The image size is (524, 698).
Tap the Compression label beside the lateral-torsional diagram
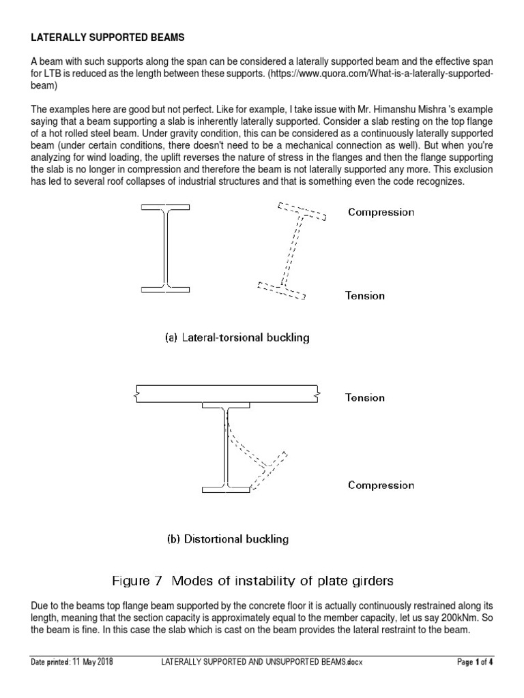[x=381, y=212]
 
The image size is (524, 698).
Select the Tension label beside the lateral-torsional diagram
[x=366, y=295]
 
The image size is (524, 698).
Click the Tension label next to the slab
[x=365, y=397]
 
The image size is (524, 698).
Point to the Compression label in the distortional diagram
[x=381, y=485]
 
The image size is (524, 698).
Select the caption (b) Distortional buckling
[x=228, y=539]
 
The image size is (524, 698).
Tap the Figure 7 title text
[x=252, y=581]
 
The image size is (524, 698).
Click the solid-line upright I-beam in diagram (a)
[x=166, y=248]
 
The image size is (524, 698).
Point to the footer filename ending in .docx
[x=261, y=662]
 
